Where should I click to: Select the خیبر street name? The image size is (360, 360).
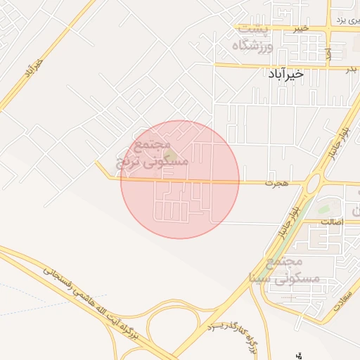[x=302, y=27]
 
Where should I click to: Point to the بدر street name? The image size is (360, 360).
[x=350, y=69]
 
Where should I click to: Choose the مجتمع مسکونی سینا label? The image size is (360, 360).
[x=290, y=270]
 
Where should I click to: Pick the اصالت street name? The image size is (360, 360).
[x=330, y=222]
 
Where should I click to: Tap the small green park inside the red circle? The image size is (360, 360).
[x=169, y=153]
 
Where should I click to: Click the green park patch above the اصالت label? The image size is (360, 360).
[x=323, y=209]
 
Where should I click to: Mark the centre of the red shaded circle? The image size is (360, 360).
[x=180, y=179]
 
